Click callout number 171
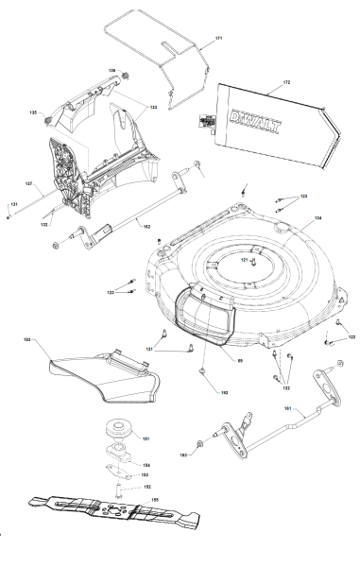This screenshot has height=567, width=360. (x=218, y=38)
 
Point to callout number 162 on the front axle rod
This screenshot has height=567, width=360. (x=146, y=226)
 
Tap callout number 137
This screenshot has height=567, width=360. (x=28, y=183)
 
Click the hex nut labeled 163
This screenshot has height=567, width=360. (x=200, y=443)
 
